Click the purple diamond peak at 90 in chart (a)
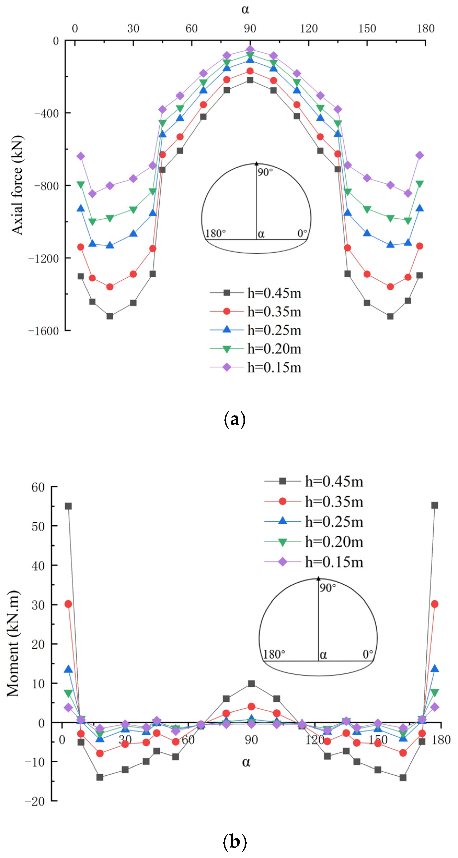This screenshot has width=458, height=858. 250,49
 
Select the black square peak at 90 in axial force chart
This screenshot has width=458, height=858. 250,80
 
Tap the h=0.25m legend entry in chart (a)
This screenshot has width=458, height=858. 274,330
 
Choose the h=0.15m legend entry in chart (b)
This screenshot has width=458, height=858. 334,562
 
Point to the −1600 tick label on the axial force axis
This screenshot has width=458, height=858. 44,331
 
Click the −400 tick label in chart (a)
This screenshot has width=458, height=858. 47,113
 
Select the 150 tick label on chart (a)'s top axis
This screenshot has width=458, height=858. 367,28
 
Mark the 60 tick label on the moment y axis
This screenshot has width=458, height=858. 38,487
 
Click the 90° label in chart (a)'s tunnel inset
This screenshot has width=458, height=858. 265,172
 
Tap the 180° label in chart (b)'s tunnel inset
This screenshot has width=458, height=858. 274,654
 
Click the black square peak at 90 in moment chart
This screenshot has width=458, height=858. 251,684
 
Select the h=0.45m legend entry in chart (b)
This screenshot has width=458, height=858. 334,481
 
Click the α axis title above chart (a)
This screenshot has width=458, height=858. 245,9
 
